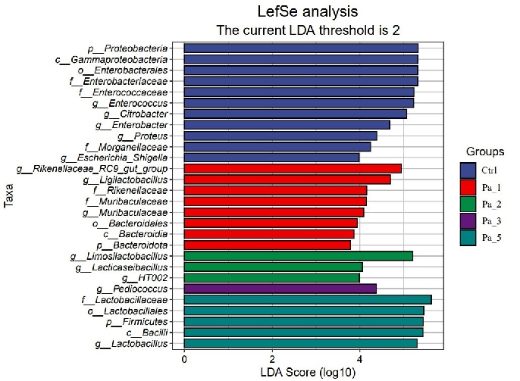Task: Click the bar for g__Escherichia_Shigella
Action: [x=271, y=158]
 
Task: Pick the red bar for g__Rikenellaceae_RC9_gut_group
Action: [x=293, y=168]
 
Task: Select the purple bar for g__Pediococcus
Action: [x=280, y=289]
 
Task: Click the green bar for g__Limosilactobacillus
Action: [x=298, y=256]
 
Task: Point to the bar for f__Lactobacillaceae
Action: [x=308, y=300]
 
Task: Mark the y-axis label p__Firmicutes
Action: [x=142, y=321]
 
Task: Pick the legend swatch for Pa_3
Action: [x=469, y=221]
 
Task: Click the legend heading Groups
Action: [x=485, y=151]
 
